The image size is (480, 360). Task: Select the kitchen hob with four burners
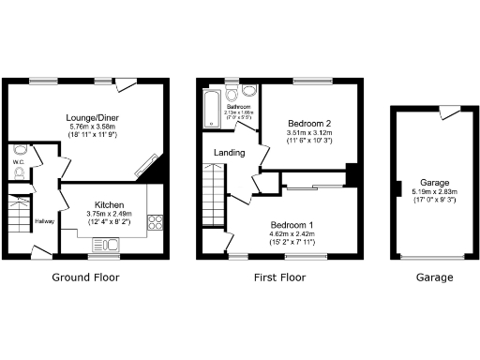[155, 223]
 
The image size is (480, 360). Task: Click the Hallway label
[44, 221]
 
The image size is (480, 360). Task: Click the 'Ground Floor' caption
[85, 277]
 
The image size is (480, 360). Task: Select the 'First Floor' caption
[278, 277]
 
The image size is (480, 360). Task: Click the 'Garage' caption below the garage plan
[435, 277]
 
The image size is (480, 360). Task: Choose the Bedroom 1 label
[293, 225]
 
